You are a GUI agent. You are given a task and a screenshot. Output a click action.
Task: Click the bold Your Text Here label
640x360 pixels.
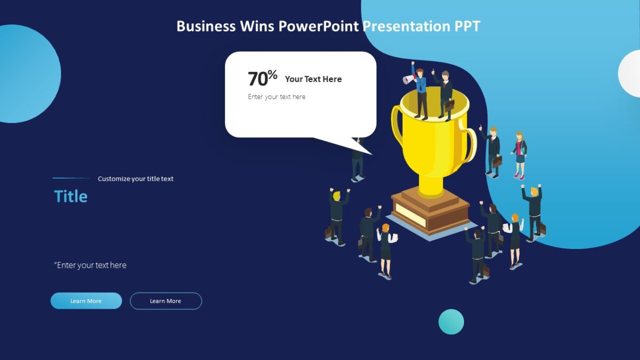pos(313,79)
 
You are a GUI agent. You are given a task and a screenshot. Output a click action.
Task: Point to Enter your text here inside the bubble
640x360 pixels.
pos(276,97)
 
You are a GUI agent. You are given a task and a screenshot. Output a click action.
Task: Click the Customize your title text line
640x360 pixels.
pos(135,179)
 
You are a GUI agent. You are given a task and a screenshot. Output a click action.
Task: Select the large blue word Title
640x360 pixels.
pos(70,196)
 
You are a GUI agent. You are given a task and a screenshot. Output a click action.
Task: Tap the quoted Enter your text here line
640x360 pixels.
pos(90,265)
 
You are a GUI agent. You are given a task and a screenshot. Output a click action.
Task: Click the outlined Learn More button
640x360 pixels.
pos(166,301)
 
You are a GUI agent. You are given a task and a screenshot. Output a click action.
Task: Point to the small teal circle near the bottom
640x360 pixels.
pos(451,322)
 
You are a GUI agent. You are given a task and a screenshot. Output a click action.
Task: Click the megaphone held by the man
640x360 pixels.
pos(408,79)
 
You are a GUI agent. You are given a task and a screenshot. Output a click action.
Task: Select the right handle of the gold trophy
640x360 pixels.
pos(469,143)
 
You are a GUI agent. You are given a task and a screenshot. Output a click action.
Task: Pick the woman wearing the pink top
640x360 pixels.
pos(519,154)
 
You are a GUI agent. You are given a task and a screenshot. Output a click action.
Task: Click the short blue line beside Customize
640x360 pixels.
pos(71,178)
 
